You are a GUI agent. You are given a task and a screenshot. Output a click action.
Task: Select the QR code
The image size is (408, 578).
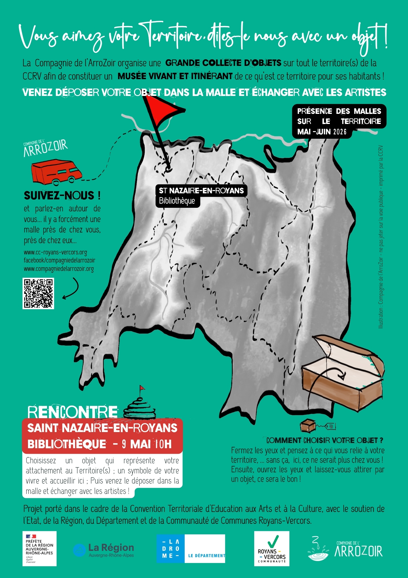pyautogui.click(x=38, y=293)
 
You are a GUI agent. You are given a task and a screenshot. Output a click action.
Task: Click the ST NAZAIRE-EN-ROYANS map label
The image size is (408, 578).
pyautogui.click(x=201, y=191)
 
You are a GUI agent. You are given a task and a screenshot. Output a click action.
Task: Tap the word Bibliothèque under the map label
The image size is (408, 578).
pyautogui.click(x=177, y=201)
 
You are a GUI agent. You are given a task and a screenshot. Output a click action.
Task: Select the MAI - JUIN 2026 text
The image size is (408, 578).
pyautogui.click(x=322, y=132)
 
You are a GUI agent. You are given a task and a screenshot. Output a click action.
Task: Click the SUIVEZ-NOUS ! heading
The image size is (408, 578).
pyautogui.click(x=62, y=196)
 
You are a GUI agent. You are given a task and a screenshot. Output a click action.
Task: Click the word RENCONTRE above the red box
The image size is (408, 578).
pyautogui.click(x=72, y=412)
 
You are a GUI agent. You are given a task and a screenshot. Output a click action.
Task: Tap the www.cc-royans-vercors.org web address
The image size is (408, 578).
pyautogui.click(x=55, y=253)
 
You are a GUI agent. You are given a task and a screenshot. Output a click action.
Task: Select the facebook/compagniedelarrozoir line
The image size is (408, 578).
pyautogui.click(x=59, y=260)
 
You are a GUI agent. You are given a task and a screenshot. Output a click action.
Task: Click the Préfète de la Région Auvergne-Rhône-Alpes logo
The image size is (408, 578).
pyautogui.click(x=40, y=549)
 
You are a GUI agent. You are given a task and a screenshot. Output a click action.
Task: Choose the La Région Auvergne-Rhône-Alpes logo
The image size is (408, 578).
pyautogui.click(x=104, y=550)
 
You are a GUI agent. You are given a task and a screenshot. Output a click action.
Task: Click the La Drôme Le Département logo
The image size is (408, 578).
pyautogui.click(x=191, y=549)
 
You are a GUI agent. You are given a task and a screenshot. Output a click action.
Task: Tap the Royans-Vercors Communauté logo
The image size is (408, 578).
pyautogui.click(x=272, y=549)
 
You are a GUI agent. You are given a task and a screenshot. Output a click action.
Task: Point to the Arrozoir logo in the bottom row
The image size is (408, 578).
pyautogui.click(x=345, y=549)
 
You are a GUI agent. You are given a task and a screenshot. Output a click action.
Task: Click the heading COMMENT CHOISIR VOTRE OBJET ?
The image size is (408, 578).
pyautogui.click(x=325, y=440)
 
